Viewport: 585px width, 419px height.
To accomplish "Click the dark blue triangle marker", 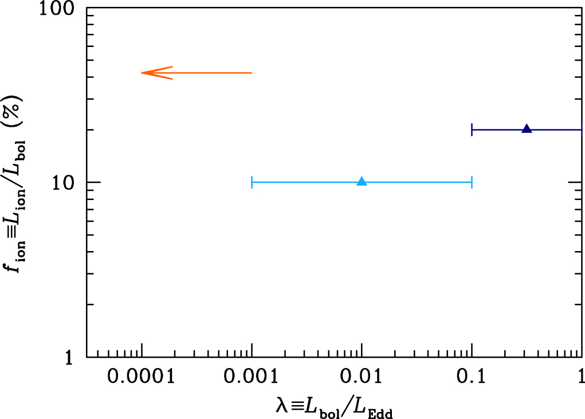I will tap(527, 129).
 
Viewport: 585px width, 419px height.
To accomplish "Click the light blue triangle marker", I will tap(362, 182).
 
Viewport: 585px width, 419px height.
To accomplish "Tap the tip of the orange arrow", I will tap(142, 73).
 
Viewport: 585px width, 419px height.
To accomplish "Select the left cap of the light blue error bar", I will tap(252, 183).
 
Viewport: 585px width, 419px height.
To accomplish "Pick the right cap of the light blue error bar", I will tap(472, 183).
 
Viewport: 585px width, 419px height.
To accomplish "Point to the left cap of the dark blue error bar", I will tap(472, 130).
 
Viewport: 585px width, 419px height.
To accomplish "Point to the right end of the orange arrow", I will tap(251, 73).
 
